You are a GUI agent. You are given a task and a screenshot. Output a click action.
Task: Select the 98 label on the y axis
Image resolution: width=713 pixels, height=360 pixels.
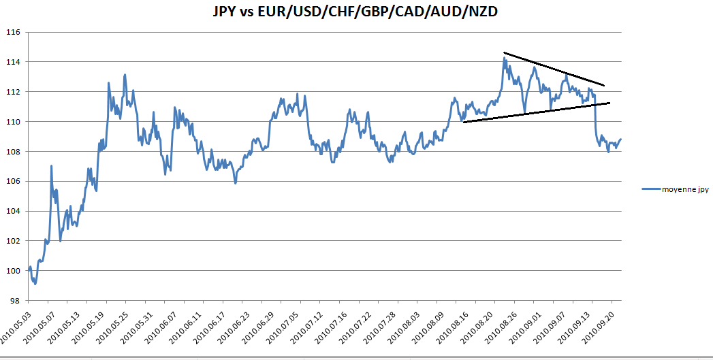[16, 300]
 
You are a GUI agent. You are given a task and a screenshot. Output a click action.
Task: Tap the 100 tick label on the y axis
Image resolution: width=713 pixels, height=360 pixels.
[14, 270]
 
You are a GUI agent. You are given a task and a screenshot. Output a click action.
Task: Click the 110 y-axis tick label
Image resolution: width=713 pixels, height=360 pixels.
[14, 121]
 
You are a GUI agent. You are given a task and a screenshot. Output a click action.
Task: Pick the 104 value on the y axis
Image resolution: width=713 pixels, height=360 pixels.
[14, 211]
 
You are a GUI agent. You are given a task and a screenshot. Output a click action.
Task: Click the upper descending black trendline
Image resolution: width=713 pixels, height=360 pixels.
[554, 69]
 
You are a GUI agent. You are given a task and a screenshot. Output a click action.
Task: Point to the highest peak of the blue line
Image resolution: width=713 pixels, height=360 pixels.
[505, 58]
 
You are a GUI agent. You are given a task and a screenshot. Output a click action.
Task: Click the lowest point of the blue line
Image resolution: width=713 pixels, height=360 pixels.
[35, 284]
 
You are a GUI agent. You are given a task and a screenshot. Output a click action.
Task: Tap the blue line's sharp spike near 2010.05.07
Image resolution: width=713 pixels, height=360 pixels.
[51, 165]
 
